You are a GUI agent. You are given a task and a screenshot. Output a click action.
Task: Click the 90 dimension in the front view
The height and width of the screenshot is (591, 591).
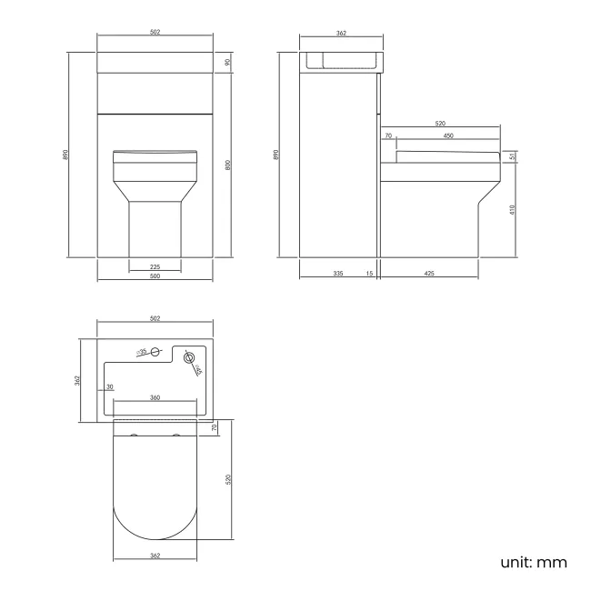[x=226, y=62]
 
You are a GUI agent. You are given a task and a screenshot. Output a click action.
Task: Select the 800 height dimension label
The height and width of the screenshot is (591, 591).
[x=226, y=165]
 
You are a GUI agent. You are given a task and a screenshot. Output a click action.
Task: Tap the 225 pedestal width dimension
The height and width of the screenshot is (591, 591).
[x=155, y=266]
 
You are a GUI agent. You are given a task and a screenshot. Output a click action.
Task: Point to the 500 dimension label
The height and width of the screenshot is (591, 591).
[x=155, y=276]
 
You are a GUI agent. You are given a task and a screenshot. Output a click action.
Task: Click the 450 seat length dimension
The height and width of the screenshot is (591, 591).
[x=448, y=135]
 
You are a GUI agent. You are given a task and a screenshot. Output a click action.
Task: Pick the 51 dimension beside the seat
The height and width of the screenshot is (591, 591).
[x=513, y=156]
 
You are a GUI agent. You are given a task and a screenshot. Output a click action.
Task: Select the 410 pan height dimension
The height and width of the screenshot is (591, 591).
[x=513, y=209]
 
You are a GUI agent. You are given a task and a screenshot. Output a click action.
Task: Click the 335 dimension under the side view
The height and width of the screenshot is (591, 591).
[x=338, y=273]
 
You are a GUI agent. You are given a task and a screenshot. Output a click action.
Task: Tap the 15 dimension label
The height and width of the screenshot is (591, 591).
[x=370, y=273]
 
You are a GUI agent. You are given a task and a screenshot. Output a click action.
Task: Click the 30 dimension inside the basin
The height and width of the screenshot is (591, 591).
[x=110, y=387]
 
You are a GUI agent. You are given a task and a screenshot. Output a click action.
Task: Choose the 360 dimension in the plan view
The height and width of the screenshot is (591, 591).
[x=155, y=397]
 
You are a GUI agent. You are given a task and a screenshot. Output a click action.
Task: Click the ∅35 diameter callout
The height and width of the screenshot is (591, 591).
[x=142, y=351]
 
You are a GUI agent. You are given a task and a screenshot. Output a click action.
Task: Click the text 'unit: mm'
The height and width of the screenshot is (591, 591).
[x=533, y=562]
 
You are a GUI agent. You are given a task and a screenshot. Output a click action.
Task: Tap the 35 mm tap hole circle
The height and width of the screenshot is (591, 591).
[x=155, y=351]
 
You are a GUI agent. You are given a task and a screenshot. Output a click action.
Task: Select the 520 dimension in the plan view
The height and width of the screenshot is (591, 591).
[x=228, y=478]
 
